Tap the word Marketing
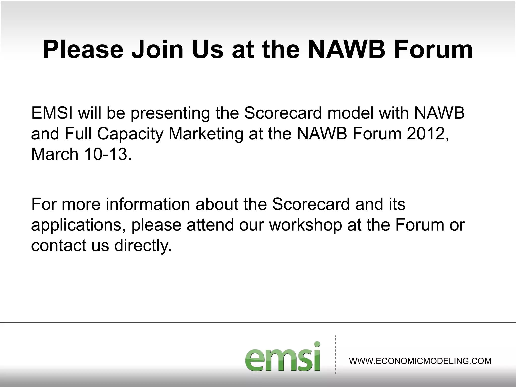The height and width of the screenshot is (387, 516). pyautogui.click(x=206, y=134)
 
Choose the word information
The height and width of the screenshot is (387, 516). pyautogui.click(x=148, y=204)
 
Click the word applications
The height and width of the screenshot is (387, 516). pyautogui.click(x=78, y=225)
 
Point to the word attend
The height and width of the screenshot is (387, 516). pyautogui.click(x=210, y=225)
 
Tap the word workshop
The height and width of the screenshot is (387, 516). pyautogui.click(x=305, y=225)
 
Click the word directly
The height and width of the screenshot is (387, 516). pyautogui.click(x=143, y=246)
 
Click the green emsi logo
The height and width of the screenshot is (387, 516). pyautogui.click(x=283, y=357)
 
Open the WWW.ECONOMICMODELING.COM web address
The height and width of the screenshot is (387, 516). pyautogui.click(x=420, y=361)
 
